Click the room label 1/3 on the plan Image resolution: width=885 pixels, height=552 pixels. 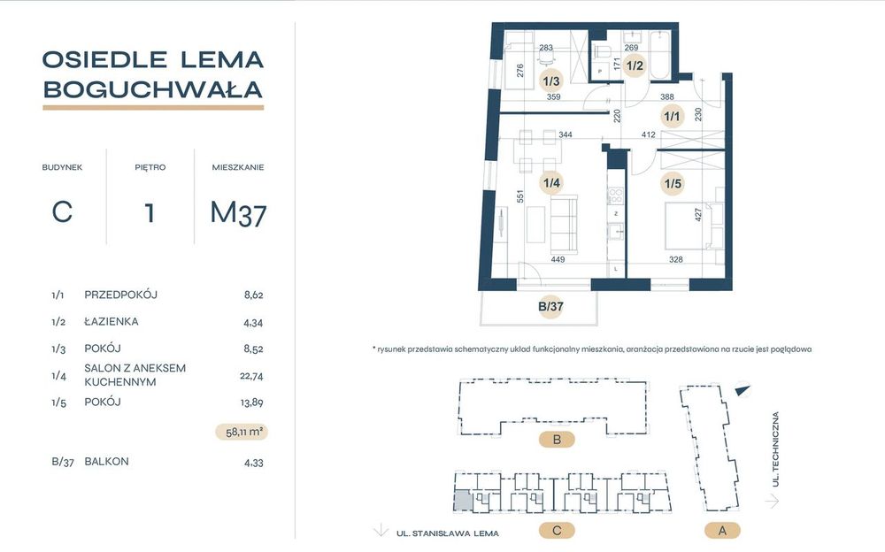click(550, 81)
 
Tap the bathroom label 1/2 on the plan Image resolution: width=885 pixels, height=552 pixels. click(635, 65)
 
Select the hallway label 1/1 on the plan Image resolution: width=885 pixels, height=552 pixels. click(673, 116)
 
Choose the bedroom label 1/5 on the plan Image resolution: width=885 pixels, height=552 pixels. click(673, 183)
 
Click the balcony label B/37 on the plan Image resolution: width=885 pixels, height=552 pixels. click(550, 306)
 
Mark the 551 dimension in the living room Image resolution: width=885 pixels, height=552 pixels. click(519, 196)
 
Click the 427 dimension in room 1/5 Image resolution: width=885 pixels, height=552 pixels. click(698, 215)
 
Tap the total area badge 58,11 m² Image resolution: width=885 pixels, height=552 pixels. click(242, 433)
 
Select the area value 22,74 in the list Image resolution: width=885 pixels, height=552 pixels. click(251, 376)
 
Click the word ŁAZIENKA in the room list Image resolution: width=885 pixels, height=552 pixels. click(112, 321)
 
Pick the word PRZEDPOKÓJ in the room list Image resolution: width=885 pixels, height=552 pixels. click(120, 295)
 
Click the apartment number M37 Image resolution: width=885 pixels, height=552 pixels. click(238, 213)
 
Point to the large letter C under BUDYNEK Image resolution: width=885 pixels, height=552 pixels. click(62, 212)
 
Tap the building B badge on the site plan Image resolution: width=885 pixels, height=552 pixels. click(557, 440)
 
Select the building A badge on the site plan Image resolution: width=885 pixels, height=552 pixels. click(722, 531)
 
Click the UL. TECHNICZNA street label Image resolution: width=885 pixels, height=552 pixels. click(776, 449)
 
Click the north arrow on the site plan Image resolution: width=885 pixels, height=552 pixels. click(743, 389)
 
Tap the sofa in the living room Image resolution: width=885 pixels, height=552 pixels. click(564, 225)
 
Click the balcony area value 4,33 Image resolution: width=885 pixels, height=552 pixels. click(253, 463)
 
